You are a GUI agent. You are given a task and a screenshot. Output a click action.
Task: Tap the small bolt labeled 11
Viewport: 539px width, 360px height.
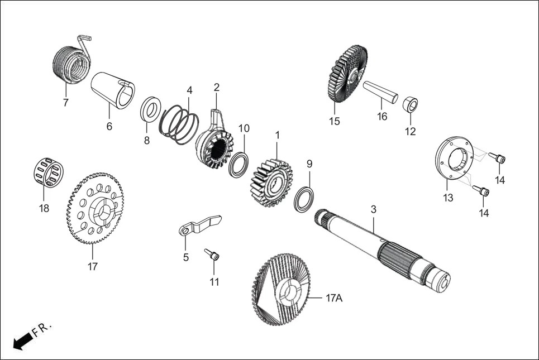[x=212, y=255]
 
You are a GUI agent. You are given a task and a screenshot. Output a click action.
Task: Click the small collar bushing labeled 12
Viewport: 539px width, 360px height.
[x=410, y=104]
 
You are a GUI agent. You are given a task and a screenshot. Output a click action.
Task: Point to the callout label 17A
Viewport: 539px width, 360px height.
[x=333, y=299]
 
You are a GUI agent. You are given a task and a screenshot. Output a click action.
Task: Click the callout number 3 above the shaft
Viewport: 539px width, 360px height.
[x=374, y=209]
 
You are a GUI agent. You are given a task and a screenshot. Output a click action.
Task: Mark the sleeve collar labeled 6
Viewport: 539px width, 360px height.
[x=113, y=89]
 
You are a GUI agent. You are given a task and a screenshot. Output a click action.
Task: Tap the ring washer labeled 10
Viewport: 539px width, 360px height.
[x=240, y=165]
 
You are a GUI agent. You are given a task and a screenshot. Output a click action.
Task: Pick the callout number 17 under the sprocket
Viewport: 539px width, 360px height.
[x=93, y=267]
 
